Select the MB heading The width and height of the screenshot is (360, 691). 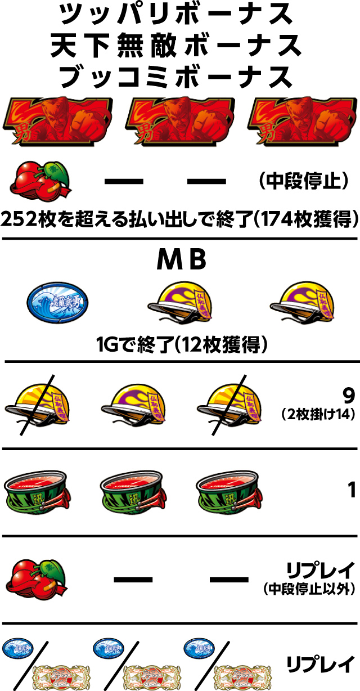(x=180, y=261)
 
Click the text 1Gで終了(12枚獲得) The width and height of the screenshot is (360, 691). (x=180, y=343)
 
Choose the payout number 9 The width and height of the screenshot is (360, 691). (x=349, y=397)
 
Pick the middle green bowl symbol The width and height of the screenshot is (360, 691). (x=133, y=490)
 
